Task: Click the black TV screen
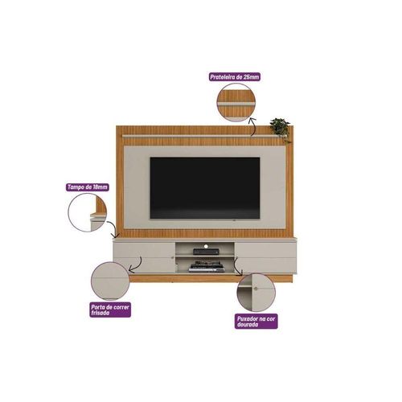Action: tap(205, 188)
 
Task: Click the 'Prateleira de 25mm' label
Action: tap(235, 77)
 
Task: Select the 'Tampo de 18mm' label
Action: tap(88, 187)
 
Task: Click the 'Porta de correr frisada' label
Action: tap(110, 310)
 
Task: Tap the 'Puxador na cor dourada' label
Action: tap(256, 322)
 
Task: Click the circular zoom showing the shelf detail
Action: tap(236, 102)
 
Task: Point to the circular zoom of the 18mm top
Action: tap(88, 212)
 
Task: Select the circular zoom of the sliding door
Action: tap(110, 281)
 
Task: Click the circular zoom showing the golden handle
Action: tap(256, 293)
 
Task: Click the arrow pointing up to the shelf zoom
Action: tap(254, 126)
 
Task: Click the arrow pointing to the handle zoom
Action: tap(236, 268)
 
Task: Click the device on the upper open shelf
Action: tap(206, 252)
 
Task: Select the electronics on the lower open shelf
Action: tap(206, 267)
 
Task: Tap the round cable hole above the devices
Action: tap(206, 245)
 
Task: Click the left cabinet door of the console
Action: tap(144, 257)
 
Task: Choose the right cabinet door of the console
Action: tap(266, 258)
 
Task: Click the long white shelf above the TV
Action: tap(205, 136)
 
